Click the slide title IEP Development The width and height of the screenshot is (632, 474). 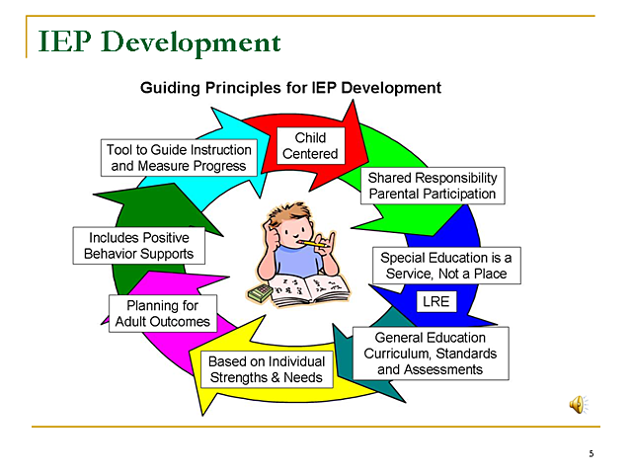(158, 42)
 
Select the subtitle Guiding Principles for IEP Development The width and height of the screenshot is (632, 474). (290, 88)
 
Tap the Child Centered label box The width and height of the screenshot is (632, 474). (310, 145)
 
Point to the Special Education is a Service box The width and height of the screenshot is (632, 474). (445, 265)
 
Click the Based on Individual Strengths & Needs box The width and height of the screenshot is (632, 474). (266, 369)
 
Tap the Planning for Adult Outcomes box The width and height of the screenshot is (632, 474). (162, 313)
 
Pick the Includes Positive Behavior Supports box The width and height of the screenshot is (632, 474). (138, 246)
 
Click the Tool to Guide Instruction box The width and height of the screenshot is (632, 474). (179, 157)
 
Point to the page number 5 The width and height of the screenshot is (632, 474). (591, 454)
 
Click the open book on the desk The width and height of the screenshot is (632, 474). (310, 290)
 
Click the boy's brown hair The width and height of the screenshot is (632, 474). (294, 214)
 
